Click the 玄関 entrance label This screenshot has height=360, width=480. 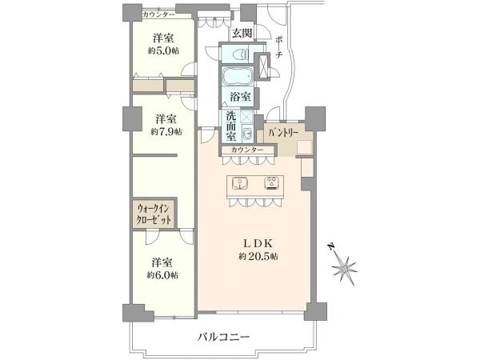coord(242,34)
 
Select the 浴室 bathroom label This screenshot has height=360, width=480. coord(239,96)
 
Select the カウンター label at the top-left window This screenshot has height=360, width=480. coord(158,14)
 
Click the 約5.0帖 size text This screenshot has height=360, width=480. coord(164,50)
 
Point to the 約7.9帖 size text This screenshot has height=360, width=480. coord(165,131)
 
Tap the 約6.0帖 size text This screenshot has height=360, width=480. coord(162,274)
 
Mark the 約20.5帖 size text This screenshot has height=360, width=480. coord(258,256)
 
